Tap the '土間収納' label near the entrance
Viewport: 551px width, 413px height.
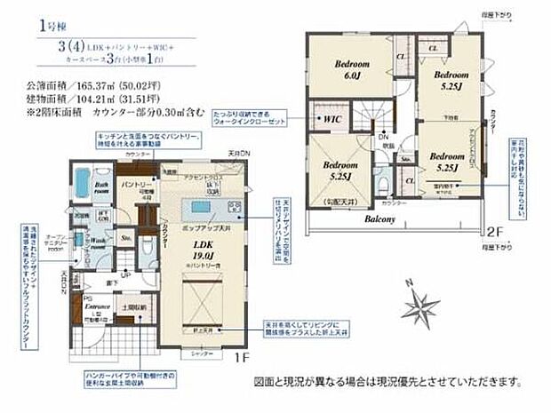(132, 306)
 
